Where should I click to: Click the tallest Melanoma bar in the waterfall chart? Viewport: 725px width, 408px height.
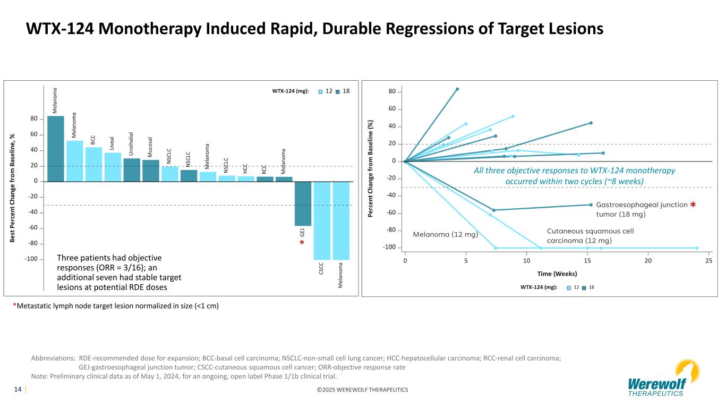[x=56, y=149]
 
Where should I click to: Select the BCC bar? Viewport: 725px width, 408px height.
[x=93, y=164]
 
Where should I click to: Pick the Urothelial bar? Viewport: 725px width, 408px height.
[x=132, y=169]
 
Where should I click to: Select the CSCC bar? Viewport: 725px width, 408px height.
[x=322, y=220]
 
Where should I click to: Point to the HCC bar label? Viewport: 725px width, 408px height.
[x=245, y=168]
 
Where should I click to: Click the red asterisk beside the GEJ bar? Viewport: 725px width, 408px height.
[x=302, y=243]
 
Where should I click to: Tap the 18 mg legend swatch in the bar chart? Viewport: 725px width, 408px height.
[x=339, y=91]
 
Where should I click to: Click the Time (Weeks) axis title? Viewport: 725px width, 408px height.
[x=557, y=274]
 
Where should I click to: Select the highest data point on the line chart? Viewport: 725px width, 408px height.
[x=457, y=89]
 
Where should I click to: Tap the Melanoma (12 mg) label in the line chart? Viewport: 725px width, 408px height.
[x=446, y=234]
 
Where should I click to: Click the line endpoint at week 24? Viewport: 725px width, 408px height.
[x=697, y=248]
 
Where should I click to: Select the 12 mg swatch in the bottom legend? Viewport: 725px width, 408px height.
[x=569, y=287]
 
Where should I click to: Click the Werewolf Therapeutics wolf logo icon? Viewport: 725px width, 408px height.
[x=687, y=370]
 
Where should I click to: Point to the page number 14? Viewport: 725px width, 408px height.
[x=18, y=389]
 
